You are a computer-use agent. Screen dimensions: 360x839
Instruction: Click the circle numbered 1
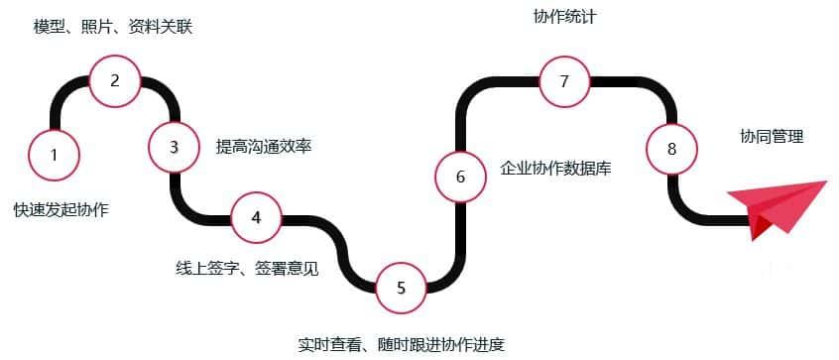pos(54,154)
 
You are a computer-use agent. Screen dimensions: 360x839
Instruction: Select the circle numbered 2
pos(114,81)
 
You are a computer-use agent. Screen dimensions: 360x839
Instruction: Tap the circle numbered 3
pos(174,147)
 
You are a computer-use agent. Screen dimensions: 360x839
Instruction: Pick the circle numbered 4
pos(256,216)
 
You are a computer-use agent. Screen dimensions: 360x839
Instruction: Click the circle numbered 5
pos(401,288)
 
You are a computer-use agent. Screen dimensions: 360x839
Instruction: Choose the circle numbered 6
pos(460,177)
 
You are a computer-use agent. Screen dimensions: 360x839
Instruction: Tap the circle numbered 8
pos(671,149)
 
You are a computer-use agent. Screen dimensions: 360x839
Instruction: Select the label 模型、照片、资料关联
pos(113,26)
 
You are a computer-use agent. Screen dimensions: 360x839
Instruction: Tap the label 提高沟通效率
pos(264,147)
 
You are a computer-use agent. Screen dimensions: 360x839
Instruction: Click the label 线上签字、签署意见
pos(247,267)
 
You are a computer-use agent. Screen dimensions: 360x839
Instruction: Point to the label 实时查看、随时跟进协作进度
pos(402,344)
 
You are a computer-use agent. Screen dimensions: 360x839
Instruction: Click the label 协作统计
pos(564,17)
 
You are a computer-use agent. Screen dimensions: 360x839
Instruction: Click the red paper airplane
pos(779,208)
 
